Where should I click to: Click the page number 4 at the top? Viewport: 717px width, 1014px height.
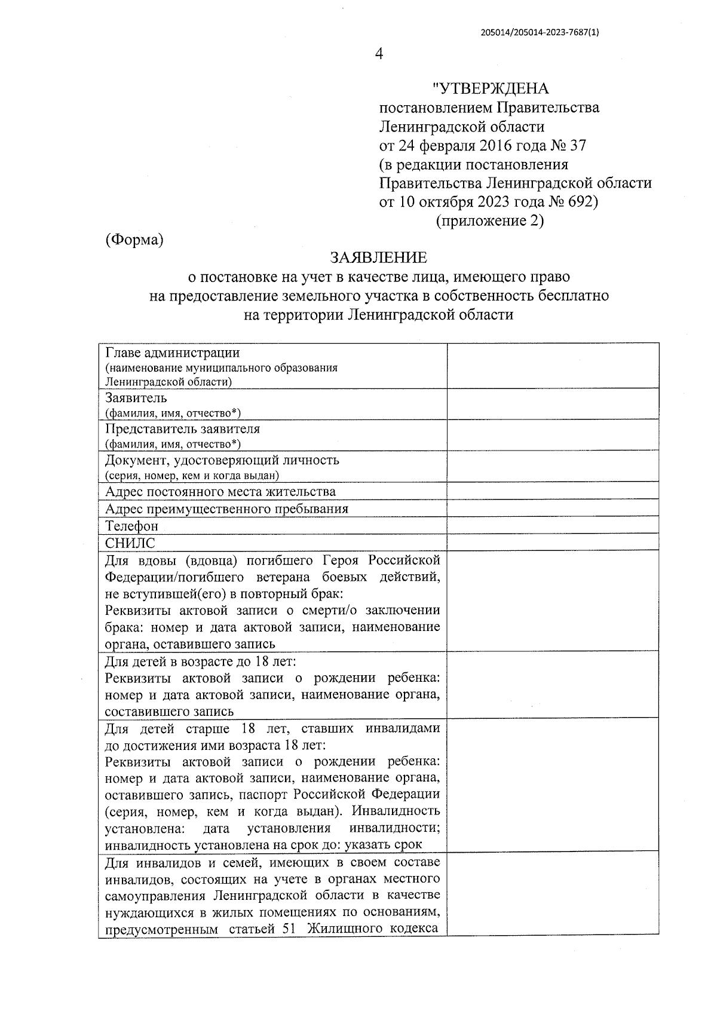[378, 54]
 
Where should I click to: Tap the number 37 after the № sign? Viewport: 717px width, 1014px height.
[578, 145]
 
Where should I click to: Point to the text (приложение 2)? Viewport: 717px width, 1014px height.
[490, 220]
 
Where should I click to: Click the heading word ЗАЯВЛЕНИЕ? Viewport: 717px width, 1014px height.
[379, 258]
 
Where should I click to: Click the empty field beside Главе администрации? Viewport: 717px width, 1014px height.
[553, 366]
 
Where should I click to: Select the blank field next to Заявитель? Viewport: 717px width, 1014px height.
[553, 404]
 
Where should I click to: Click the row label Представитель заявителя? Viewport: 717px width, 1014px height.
[182, 429]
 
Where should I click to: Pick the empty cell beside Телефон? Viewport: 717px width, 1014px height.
[553, 526]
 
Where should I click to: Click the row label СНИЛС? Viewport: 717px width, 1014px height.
[130, 543]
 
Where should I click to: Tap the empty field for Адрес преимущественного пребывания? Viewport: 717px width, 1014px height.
[553, 508]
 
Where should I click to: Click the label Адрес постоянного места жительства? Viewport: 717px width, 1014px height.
[220, 492]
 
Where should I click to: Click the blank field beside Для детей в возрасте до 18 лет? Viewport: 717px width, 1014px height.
[553, 685]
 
